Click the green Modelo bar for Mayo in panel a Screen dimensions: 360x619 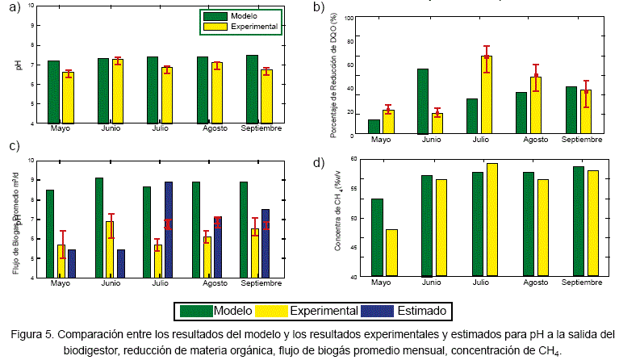tap(53, 92)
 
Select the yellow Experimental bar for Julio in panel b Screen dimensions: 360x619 tap(487, 94)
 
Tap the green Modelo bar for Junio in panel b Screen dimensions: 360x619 tap(422, 100)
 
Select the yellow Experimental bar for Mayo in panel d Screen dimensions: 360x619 tap(391, 253)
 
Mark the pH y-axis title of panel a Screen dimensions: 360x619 tap(18, 65)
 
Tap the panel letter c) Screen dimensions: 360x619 tap(14, 146)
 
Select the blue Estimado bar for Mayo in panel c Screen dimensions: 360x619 tap(72, 263)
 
